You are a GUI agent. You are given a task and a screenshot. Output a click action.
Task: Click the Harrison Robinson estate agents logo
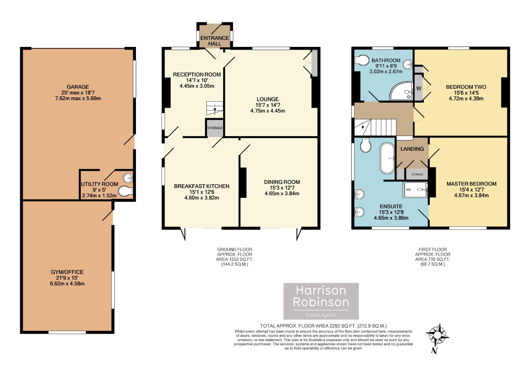pyautogui.click(x=321, y=301)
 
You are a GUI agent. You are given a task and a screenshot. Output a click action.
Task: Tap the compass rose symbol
pyautogui.click(x=437, y=335)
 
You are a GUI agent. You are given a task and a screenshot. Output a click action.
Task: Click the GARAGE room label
pyautogui.click(x=78, y=87)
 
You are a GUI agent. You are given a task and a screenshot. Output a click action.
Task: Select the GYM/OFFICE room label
pyautogui.click(x=67, y=272)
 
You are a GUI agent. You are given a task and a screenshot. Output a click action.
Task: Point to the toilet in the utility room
pyautogui.click(x=125, y=191)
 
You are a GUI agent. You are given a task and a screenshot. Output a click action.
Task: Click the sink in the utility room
pyautogui.click(x=129, y=178)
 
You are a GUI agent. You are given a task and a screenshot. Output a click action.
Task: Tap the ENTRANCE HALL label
pyautogui.click(x=215, y=41)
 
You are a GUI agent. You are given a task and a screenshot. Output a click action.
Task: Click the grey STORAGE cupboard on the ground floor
pyautogui.click(x=215, y=128)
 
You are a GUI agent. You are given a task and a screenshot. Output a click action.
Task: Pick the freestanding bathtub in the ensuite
pyautogui.click(x=387, y=158)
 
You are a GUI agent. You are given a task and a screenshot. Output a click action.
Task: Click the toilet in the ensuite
pyautogui.click(x=366, y=145)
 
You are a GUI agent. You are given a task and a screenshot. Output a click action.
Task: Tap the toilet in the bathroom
pyautogui.click(x=362, y=60)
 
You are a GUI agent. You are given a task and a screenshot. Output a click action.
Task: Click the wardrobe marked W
pyautogui.click(x=419, y=88)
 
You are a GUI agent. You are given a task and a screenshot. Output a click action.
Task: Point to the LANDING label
pyautogui.click(x=412, y=149)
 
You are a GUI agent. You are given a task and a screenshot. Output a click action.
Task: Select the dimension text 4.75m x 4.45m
pyautogui.click(x=268, y=111)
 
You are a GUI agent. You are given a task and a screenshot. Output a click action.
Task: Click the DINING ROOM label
pyautogui.click(x=282, y=182)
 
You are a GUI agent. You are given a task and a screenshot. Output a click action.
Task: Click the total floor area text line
pyautogui.click(x=323, y=326)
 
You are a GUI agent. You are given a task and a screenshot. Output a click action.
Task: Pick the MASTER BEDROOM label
pyautogui.click(x=471, y=184)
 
